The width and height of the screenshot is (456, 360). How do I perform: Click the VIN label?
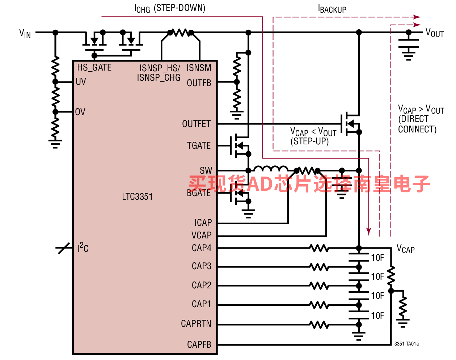point(25,34)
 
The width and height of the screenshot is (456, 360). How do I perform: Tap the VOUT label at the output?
point(435,33)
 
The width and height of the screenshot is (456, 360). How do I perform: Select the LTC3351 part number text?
point(137,196)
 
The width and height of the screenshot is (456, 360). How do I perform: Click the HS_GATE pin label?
point(94,67)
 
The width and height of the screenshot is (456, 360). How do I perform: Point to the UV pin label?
point(81,81)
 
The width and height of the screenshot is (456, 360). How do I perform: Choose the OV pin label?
point(80,112)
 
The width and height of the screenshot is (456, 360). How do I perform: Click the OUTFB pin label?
point(199,83)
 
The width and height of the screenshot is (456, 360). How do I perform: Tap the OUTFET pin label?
point(196,124)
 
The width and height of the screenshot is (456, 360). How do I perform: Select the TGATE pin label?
point(199,145)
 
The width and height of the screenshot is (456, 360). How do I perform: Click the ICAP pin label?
point(203,223)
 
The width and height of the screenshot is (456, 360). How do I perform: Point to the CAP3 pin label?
point(201,266)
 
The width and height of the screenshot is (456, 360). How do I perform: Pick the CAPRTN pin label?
point(196,323)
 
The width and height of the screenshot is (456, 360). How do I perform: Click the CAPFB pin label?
point(199,344)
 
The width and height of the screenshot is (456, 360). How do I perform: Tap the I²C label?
point(83,247)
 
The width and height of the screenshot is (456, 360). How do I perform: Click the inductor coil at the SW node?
point(271,169)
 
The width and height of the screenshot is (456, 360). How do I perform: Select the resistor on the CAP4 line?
point(319,248)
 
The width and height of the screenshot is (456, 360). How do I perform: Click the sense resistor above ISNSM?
point(181,33)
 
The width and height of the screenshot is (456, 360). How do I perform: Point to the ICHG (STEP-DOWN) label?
point(170,8)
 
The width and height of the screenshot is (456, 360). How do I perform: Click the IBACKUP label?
point(332,9)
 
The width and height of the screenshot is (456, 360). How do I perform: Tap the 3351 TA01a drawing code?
point(406,344)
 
